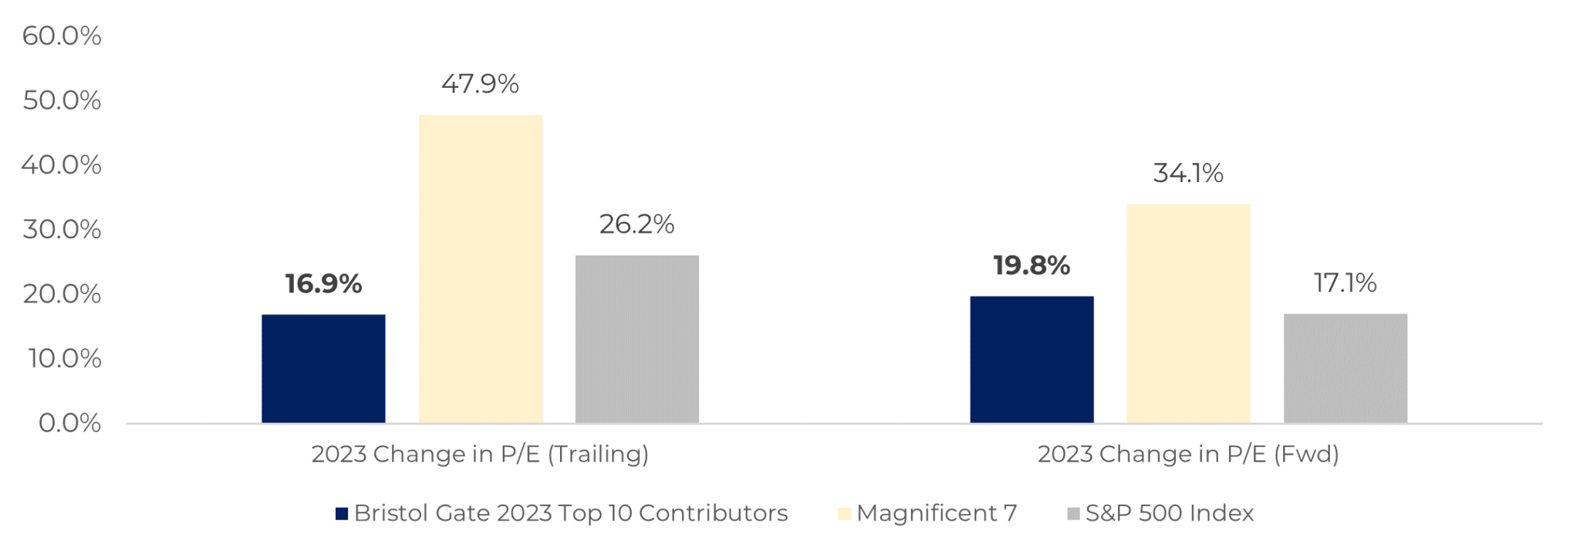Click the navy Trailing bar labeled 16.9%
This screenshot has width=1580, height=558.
[x=323, y=368]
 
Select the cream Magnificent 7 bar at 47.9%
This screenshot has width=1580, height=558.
[x=481, y=269]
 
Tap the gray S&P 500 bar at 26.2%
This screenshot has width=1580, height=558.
[x=637, y=339]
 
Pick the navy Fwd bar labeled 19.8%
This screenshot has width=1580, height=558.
[x=1031, y=359]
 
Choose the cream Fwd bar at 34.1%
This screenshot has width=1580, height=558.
[x=1188, y=313]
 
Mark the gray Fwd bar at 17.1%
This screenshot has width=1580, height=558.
[x=1345, y=368]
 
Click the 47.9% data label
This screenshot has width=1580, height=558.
[x=480, y=83]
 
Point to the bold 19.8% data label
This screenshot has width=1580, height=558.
[x=1031, y=265]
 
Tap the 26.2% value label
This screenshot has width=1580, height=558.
[x=637, y=225]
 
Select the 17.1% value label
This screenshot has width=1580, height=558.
[x=1345, y=283]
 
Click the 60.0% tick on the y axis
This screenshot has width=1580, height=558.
[x=62, y=36]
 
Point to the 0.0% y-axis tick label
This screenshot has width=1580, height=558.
[x=69, y=423]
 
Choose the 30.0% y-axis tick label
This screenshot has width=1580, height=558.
[x=62, y=229]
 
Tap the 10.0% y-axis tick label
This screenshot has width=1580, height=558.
[x=64, y=358]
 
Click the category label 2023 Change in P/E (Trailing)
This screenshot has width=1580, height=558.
[x=480, y=454]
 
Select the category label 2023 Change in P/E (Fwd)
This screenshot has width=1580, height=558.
[x=1188, y=454]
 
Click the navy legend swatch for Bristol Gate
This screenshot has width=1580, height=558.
[x=342, y=514]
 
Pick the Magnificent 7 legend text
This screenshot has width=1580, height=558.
[x=937, y=513]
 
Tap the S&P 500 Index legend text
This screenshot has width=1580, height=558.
[x=1170, y=513]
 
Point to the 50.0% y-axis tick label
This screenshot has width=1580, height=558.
[x=62, y=100]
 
